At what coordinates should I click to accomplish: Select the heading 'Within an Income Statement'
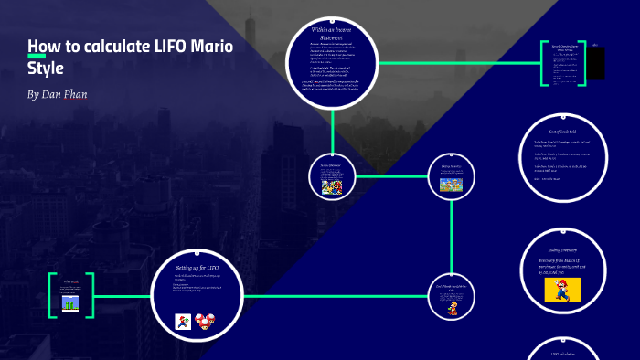pos(332,35)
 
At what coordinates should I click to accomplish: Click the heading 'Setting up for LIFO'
pos(197,268)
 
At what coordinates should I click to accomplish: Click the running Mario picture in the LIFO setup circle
pos(182,321)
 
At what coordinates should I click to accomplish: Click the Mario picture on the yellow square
pos(562,290)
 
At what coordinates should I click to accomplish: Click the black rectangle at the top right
pos(595,63)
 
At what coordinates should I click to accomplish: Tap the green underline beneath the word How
pos(37,57)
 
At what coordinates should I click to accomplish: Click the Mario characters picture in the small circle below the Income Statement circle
pos(330,186)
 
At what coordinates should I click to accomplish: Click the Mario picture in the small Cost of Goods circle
pos(452,308)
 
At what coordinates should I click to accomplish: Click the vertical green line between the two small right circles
pos(453,238)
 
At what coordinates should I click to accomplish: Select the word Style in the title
pos(46,68)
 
